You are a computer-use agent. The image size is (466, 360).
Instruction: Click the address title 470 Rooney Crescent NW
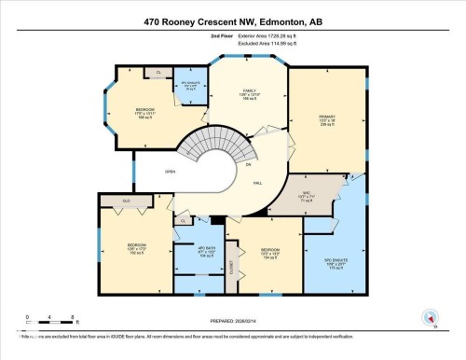tap(232, 20)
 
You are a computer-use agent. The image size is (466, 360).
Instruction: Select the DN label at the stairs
tap(248, 164)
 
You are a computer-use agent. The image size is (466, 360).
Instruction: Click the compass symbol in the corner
tap(430, 318)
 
